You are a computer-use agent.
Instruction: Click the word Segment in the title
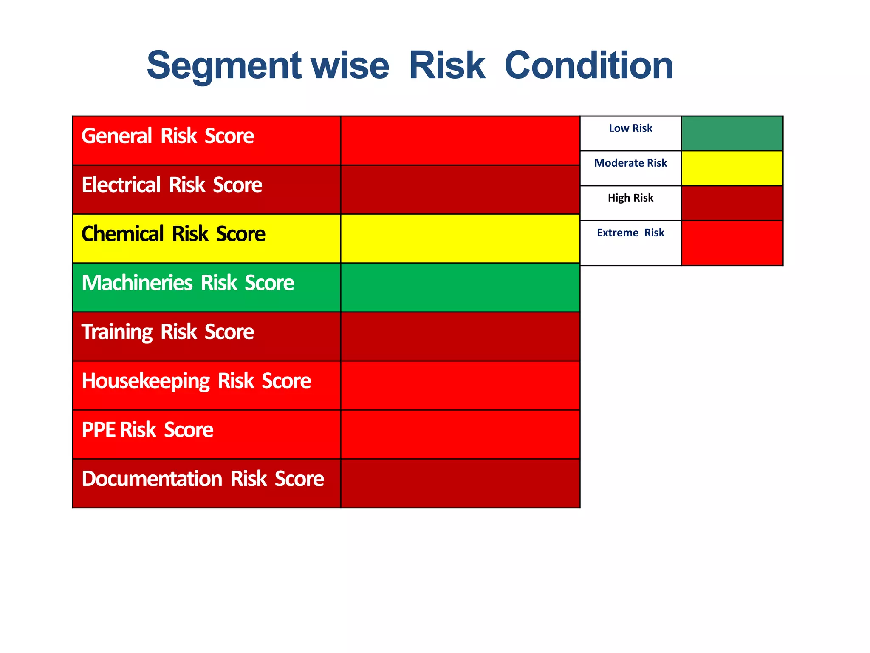click(224, 66)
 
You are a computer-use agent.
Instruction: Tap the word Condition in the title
click(588, 66)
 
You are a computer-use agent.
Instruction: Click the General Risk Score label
click(167, 136)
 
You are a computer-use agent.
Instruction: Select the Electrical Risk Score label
click(172, 185)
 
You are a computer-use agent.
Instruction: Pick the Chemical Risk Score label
click(173, 234)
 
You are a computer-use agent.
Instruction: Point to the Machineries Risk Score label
click(187, 283)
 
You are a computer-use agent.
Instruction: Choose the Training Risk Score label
click(167, 332)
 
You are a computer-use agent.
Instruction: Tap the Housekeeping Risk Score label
click(196, 381)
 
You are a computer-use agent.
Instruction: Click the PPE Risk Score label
click(147, 430)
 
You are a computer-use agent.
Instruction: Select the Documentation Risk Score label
click(203, 479)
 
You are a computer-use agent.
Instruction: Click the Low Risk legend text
click(630, 128)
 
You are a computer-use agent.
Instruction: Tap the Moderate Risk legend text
click(630, 163)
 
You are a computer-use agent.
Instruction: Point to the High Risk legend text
click(630, 198)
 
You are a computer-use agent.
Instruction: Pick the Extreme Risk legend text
click(630, 233)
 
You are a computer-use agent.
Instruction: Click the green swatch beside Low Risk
click(732, 133)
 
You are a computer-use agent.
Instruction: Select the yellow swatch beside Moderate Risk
click(732, 168)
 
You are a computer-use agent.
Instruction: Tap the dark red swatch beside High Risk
click(732, 203)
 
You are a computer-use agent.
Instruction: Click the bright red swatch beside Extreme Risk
click(732, 243)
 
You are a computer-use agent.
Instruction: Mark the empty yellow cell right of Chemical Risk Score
click(460, 238)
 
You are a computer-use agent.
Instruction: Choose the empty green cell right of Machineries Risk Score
click(460, 287)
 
